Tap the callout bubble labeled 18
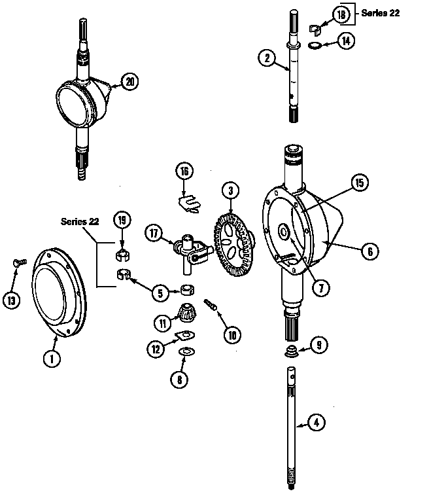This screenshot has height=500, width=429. (x=340, y=14)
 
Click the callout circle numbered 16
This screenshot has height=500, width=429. (x=185, y=171)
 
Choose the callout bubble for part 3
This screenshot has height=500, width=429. (x=230, y=192)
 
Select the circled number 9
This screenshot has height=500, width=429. (x=318, y=345)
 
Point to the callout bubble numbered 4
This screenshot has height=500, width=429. (x=317, y=422)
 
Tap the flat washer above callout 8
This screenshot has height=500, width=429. (x=186, y=353)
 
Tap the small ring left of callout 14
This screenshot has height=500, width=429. (x=314, y=45)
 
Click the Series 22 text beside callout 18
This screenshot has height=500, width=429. (x=381, y=13)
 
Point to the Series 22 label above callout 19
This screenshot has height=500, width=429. (x=80, y=221)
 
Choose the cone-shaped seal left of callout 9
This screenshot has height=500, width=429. (x=290, y=352)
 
